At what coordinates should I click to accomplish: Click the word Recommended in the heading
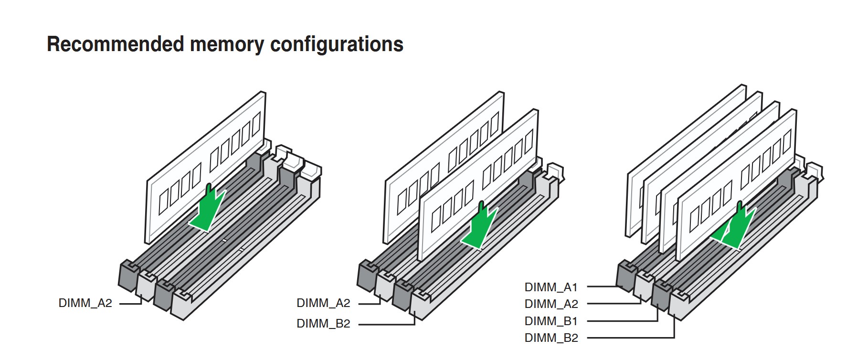tap(116, 44)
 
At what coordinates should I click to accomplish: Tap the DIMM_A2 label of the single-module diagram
tap(85, 303)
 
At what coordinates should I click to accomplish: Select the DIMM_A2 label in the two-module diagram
tap(323, 303)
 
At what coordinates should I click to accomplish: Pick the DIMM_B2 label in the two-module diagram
tap(323, 324)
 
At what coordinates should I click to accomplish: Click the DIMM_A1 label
tap(551, 287)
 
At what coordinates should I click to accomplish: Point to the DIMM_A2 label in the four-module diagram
tap(551, 304)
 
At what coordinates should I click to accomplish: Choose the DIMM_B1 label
tap(551, 321)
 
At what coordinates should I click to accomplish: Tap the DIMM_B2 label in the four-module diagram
tap(551, 338)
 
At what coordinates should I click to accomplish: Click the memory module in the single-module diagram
tap(206, 167)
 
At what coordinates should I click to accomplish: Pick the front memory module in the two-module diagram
tap(478, 185)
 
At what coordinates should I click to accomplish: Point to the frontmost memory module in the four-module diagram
tap(736, 185)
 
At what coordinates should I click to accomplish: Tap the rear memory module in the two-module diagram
tap(444, 167)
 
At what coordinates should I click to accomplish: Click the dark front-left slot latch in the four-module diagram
tap(627, 275)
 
